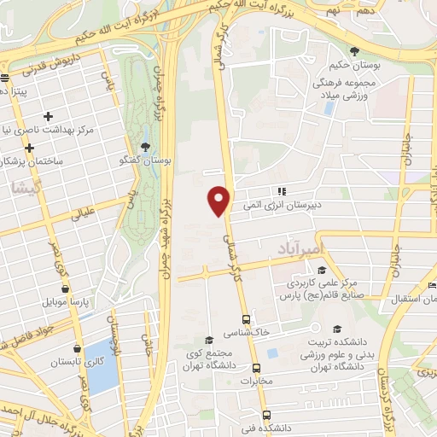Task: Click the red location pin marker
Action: (219, 200)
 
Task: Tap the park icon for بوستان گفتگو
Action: (144, 146)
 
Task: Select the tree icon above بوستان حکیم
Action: (355, 52)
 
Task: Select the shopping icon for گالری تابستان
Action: (79, 348)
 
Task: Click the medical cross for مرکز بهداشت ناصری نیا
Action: (48, 116)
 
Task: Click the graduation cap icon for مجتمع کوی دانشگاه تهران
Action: (209, 340)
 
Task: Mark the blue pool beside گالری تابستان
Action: (101, 364)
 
